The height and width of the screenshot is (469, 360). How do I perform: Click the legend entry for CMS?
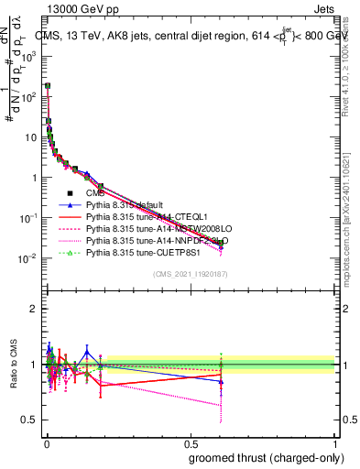coord(95,193)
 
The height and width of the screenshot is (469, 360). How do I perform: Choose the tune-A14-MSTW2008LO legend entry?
coord(152,229)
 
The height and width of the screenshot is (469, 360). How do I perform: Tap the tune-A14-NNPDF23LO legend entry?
coord(151,241)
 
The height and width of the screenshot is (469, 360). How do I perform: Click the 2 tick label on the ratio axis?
coord(34,309)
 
